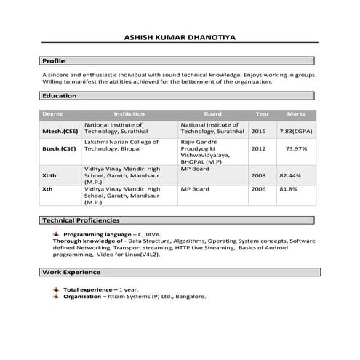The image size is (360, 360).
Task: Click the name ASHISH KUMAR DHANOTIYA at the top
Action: (x=180, y=36)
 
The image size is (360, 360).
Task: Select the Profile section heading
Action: (x=54, y=60)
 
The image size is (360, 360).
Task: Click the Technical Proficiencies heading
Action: (x=81, y=220)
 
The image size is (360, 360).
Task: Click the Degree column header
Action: (x=53, y=113)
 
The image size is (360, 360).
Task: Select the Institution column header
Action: (x=129, y=113)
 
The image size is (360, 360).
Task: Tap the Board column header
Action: (x=212, y=113)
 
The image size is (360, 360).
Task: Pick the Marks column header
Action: (x=296, y=113)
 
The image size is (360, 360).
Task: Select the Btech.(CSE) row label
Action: (x=59, y=148)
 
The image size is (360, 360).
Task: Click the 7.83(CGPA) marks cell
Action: (x=296, y=131)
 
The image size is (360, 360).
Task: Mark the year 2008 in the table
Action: (x=258, y=175)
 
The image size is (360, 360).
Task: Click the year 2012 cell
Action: (x=258, y=148)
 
